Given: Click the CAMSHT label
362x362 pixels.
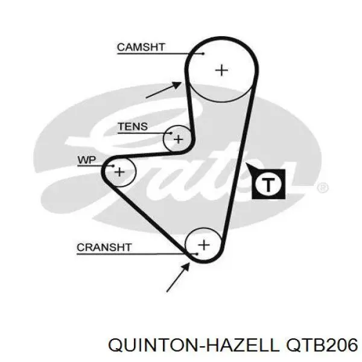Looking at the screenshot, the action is click(x=141, y=47).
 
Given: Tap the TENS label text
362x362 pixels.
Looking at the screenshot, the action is click(x=133, y=127).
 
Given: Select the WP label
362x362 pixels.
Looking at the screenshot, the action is click(x=87, y=160).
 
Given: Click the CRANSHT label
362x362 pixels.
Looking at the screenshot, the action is click(x=104, y=247).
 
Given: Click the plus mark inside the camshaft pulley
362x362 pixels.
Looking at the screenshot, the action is click(x=221, y=70).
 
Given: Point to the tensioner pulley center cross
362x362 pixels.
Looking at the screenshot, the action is click(x=178, y=139).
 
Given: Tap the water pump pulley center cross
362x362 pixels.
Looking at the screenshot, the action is click(x=119, y=172).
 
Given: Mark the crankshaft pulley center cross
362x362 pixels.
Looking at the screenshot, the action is click(x=204, y=245).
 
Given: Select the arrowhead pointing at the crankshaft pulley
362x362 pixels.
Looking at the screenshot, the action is click(x=186, y=267).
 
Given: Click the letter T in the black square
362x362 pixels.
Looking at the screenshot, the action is click(x=268, y=185).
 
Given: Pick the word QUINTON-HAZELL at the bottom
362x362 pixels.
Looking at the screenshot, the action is click(x=194, y=345).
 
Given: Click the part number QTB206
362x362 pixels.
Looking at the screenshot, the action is click(x=322, y=345).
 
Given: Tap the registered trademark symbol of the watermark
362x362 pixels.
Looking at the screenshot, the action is click(x=323, y=188).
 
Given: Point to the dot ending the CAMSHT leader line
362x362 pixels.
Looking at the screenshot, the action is click(x=203, y=54).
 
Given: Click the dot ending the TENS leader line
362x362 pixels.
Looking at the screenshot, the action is click(x=171, y=133).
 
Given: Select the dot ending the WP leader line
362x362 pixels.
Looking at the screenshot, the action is click(x=113, y=166).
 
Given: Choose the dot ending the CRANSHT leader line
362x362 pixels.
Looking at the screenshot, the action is click(x=197, y=254).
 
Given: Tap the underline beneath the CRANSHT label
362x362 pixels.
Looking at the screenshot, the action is click(x=137, y=254).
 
